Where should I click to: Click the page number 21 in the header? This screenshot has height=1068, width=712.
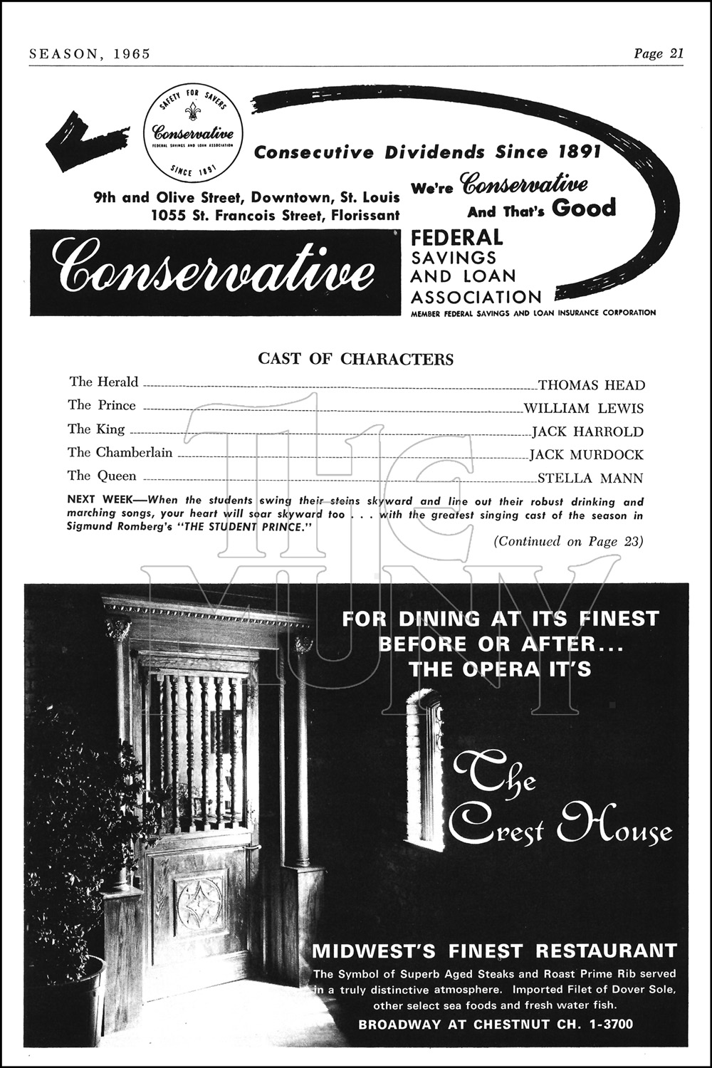point(676,54)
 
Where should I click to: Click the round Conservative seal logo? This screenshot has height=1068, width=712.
point(193,133)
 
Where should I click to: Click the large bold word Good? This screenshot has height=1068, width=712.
point(584,209)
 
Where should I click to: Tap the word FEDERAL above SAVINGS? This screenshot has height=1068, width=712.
point(457,238)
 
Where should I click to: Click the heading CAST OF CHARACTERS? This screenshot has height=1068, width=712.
point(355,359)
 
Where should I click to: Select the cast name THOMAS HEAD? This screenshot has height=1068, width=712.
point(591,385)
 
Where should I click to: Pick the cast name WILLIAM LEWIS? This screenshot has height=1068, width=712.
point(583,409)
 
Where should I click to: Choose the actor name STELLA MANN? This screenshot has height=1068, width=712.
point(590,478)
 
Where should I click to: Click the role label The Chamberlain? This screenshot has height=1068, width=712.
point(120,453)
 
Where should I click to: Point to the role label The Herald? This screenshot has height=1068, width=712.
point(104,382)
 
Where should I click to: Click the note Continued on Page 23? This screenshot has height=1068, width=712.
point(568,542)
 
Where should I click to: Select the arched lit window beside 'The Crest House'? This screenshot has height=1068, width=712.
point(425,773)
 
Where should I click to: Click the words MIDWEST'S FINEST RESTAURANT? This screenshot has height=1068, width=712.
point(494,951)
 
